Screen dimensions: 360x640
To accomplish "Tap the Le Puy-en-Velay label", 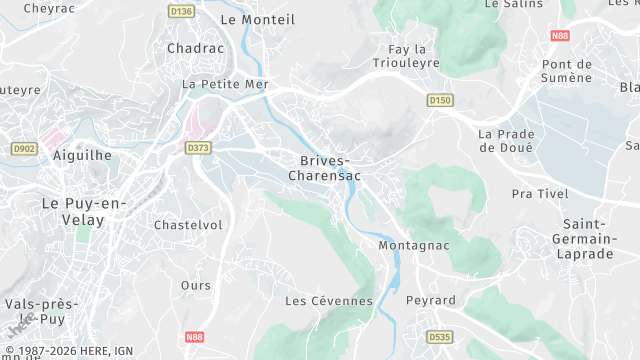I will point(84,211).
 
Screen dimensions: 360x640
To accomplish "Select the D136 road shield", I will point(181,10).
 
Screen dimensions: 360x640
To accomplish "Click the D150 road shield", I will point(440,100).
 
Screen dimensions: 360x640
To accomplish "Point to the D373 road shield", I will point(199,148).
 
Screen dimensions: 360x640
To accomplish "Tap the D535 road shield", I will point(440,337).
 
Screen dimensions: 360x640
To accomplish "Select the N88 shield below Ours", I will point(196,338).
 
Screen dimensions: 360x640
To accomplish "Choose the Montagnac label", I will point(414,245).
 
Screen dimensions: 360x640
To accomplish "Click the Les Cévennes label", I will point(328,300).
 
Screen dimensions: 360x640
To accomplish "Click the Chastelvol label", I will point(188,225).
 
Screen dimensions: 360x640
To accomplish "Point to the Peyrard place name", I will point(430,300).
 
